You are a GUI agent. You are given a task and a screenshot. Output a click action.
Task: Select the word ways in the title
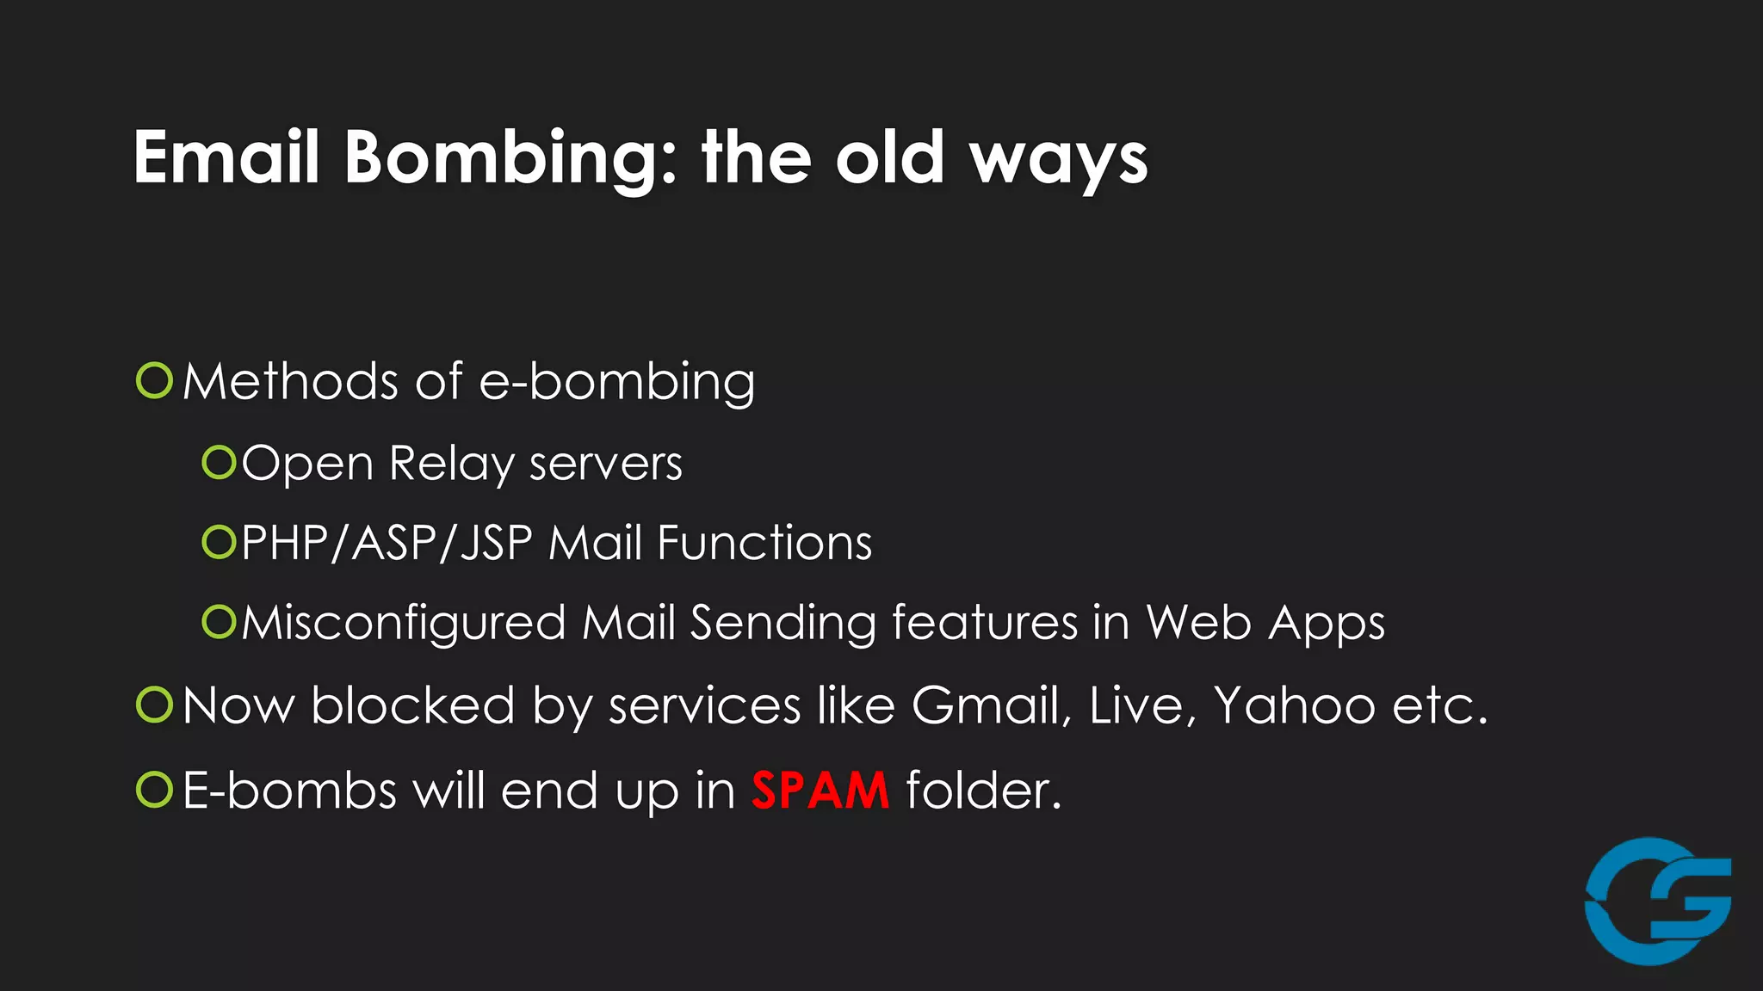coord(1060,162)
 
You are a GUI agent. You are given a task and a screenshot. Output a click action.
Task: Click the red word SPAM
coord(820,790)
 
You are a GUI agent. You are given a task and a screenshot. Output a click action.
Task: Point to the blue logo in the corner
coord(1658,901)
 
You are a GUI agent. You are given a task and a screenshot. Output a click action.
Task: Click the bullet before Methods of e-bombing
coord(155,380)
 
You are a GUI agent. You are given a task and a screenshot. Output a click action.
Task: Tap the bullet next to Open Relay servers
coord(219,463)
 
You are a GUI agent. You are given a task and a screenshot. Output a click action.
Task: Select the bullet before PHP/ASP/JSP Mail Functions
coord(219,542)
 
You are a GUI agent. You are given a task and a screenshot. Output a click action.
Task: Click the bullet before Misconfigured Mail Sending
coord(219,622)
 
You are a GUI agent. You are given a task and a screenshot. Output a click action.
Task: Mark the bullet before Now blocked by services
coord(155,705)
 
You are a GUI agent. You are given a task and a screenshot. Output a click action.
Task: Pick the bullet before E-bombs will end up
coord(155,790)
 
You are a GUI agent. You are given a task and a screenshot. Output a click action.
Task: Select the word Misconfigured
coord(403,623)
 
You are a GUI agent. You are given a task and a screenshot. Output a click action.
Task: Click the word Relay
coord(451,465)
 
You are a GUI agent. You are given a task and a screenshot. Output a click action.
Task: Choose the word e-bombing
coord(616,382)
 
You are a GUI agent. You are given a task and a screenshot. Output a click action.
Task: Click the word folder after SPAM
coord(984,790)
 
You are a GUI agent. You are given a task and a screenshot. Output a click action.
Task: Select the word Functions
coord(764,544)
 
